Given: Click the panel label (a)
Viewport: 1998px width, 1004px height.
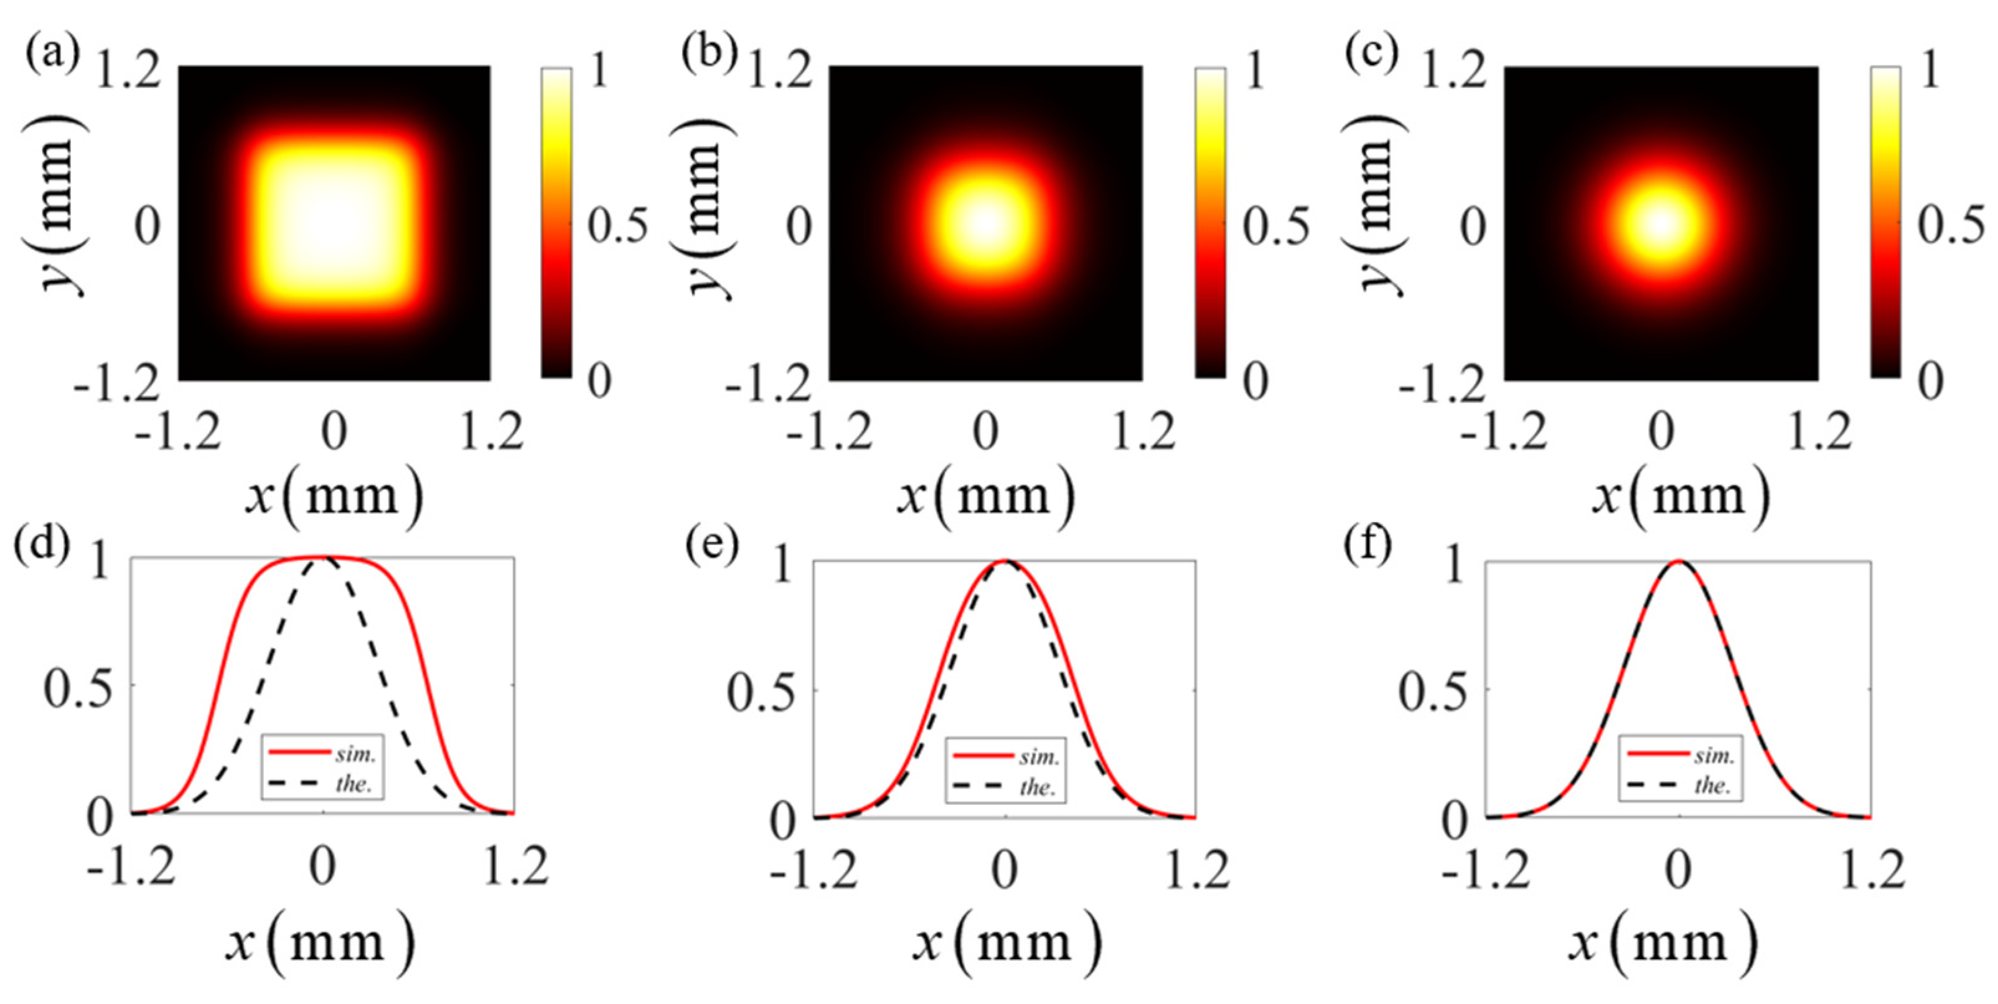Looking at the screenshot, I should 51,54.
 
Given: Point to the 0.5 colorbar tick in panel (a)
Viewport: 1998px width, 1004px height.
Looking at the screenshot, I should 617,226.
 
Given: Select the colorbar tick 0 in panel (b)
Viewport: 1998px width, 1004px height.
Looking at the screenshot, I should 1257,380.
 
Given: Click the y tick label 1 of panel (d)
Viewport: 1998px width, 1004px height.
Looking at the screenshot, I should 101,561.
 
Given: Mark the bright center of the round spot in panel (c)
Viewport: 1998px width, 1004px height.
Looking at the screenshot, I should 1661,224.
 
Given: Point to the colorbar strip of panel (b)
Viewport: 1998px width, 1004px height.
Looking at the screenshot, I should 1211,223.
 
